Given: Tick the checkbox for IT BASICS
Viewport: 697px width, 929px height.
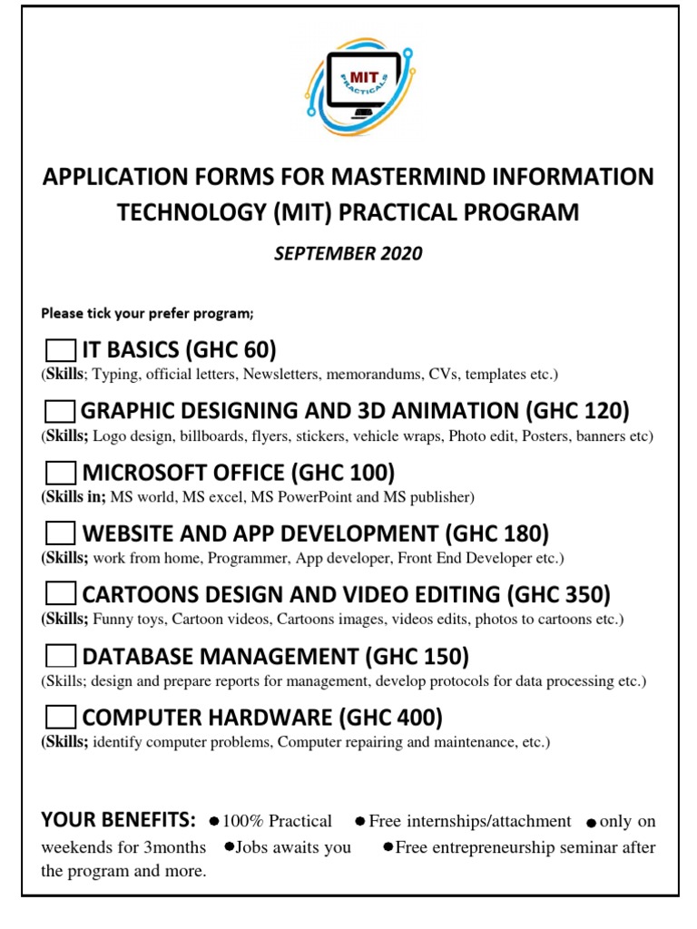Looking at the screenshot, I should click(x=61, y=350).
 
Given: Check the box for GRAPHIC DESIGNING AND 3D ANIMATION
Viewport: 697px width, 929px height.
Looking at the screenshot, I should click(x=61, y=412).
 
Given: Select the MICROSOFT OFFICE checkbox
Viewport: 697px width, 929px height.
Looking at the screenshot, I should click(x=61, y=474).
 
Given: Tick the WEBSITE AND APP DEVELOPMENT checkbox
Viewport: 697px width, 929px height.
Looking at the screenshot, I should click(x=61, y=533).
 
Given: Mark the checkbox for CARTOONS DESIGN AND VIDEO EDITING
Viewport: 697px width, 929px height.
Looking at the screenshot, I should click(x=61, y=594).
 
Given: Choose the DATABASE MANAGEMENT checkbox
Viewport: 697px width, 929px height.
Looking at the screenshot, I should click(x=61, y=656).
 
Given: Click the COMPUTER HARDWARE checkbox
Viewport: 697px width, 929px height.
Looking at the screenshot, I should click(x=61, y=718).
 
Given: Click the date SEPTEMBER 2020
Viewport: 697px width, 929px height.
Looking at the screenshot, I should click(x=348, y=254).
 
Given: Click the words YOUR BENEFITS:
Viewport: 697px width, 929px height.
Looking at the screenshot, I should click(x=118, y=821).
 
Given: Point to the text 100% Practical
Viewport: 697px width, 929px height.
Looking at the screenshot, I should click(x=278, y=822).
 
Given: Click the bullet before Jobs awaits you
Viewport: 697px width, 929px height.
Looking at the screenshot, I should click(x=230, y=847).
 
